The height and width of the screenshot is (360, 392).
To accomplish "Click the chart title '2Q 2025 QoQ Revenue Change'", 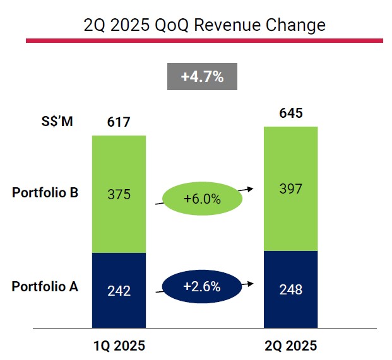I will point(205,25).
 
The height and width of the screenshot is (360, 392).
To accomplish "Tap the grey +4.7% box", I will point(201,77).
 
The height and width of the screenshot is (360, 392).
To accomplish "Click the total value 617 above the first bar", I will point(119,121).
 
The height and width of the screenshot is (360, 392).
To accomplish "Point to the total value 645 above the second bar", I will point(291,113).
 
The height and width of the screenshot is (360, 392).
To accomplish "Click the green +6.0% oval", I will point(202,199).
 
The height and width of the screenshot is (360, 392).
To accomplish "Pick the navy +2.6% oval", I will point(202,287).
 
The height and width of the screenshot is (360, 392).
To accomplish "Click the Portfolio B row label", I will point(45,193).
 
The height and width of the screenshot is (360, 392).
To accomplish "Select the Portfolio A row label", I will point(45,287).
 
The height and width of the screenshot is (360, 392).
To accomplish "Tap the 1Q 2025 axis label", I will point(119,345).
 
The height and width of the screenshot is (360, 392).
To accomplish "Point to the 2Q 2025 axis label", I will point(291,345).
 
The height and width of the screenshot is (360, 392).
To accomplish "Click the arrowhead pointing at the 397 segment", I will point(250,188).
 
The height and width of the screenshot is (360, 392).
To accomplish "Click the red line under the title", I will point(205,41).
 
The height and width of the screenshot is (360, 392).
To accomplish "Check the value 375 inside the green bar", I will point(119,194).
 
